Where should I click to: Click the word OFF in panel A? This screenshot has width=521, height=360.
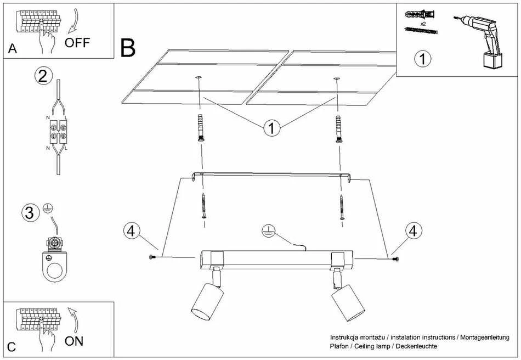77,43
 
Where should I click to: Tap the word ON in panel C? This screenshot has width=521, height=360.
74,341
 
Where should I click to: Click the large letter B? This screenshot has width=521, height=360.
128,48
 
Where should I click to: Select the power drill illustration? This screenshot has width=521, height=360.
479,41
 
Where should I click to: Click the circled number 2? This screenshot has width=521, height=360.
43,76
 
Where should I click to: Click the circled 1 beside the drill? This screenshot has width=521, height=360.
423,59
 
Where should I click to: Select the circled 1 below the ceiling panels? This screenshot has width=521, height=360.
272,128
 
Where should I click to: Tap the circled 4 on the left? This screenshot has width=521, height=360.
131,230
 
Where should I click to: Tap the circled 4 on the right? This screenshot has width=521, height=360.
413,230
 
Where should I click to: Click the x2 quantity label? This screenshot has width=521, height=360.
423,24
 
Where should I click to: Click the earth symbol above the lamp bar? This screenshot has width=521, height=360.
267,230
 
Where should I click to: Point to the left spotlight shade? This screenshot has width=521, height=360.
207,301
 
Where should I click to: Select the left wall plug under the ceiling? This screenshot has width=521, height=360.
200,128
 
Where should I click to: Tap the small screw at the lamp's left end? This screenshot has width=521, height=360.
152,257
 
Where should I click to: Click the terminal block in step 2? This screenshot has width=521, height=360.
58,131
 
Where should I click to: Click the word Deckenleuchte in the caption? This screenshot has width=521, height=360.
416,346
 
